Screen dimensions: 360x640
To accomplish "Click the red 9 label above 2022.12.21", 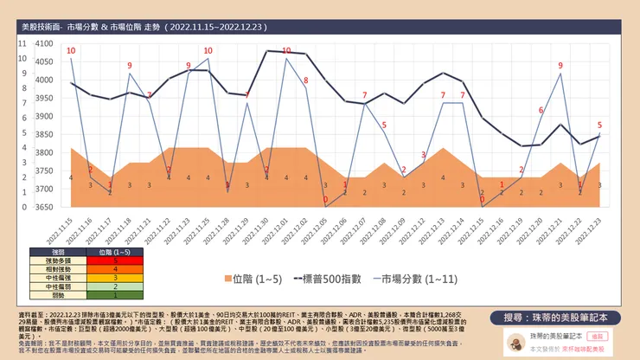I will [560, 66].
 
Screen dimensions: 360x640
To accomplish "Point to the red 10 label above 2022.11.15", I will [71, 51].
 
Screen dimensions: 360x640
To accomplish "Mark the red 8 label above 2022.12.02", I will [305, 80].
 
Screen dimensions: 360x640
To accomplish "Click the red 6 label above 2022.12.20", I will [541, 110].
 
